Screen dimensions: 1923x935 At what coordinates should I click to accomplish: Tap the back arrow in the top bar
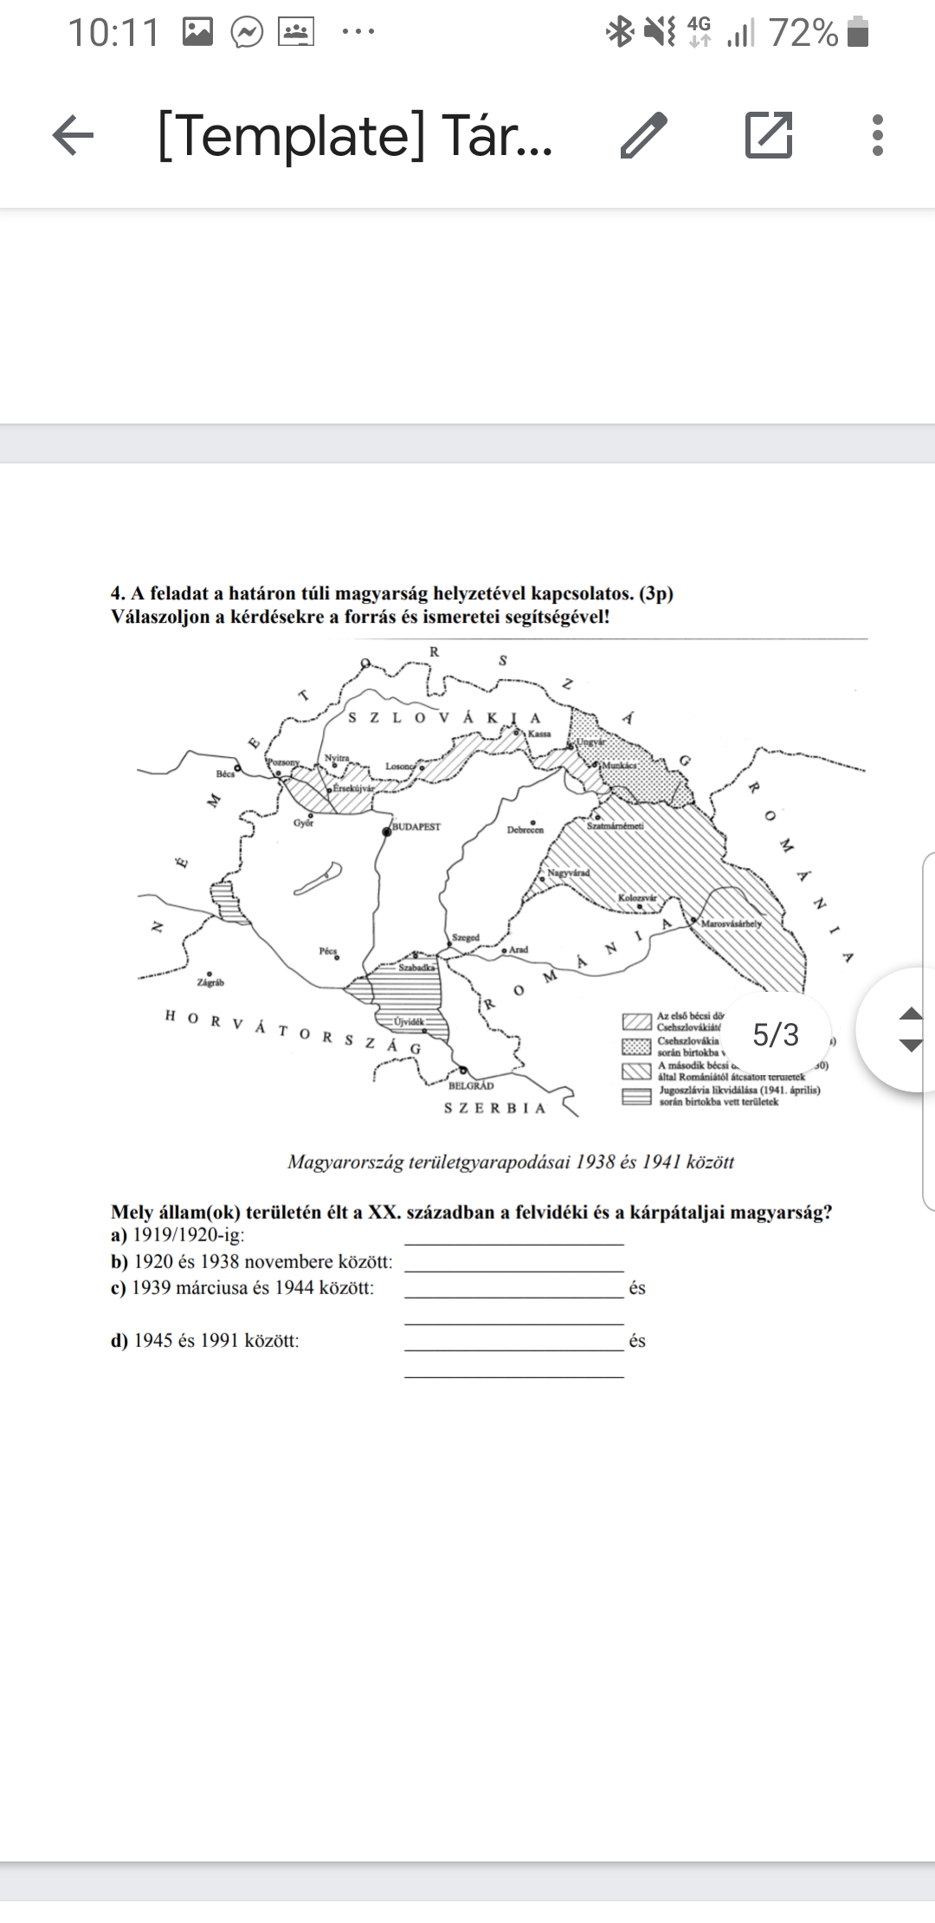tap(73, 135)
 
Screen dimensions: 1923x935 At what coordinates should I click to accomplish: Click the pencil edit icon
tap(643, 135)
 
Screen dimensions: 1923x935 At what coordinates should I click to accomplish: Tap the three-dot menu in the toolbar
tap(877, 135)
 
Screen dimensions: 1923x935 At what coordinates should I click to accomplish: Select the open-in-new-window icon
tap(768, 135)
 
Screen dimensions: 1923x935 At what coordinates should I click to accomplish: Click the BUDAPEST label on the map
tap(416, 826)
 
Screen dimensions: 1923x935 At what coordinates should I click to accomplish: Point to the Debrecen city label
tap(526, 830)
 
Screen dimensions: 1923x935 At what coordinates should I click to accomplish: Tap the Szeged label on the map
tap(466, 938)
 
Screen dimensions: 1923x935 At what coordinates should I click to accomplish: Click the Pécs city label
tap(328, 950)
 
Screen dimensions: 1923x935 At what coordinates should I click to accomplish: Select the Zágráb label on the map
tap(210, 983)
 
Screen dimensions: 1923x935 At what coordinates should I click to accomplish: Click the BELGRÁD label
tap(471, 1085)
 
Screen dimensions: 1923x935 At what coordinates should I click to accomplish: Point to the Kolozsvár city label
tap(639, 897)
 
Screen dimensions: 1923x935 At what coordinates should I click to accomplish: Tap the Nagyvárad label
tap(568, 872)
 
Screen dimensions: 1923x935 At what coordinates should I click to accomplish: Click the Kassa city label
tap(539, 734)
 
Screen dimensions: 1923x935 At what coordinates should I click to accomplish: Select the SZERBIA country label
tap(495, 1108)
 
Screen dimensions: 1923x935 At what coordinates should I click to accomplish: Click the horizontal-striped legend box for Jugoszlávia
tap(637, 1096)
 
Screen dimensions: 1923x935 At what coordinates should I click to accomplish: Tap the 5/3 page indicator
tap(776, 1034)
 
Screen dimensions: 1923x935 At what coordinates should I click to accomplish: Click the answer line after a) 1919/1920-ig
tap(513, 1236)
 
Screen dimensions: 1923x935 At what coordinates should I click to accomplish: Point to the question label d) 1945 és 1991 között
tap(205, 1341)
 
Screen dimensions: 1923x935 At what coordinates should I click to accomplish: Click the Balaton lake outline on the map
tap(317, 877)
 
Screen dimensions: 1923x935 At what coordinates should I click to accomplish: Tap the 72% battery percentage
tap(803, 34)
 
